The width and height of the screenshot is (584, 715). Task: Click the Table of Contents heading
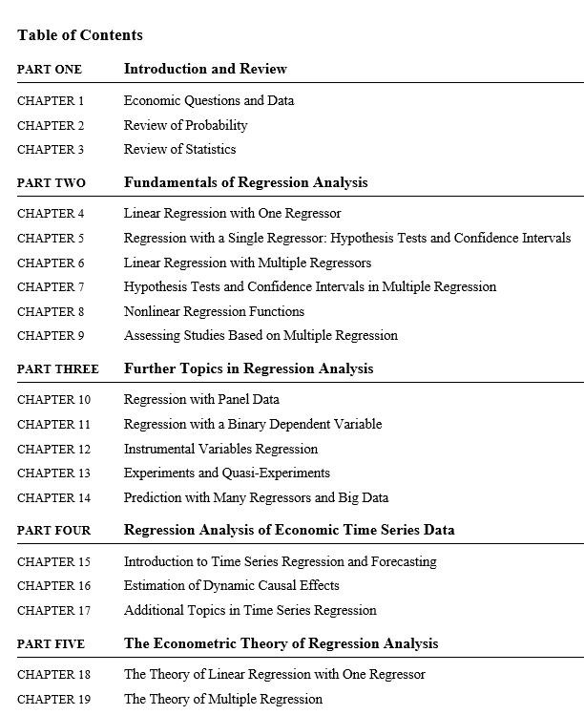[x=80, y=35]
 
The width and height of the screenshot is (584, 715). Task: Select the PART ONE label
[x=50, y=70]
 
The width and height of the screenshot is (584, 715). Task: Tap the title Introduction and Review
[x=205, y=69]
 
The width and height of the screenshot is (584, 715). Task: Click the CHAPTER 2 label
[x=51, y=125]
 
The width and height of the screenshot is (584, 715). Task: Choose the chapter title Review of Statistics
[x=179, y=149]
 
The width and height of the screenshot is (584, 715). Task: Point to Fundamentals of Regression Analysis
[x=245, y=182]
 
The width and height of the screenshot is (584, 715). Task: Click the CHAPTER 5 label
[x=51, y=239]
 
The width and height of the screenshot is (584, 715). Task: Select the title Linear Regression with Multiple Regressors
[x=247, y=263]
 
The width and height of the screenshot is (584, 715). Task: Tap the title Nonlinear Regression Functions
[x=214, y=311]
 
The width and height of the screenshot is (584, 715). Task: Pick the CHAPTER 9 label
[x=51, y=336]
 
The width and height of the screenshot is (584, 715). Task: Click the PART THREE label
[x=57, y=369]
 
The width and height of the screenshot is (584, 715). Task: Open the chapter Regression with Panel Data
[x=201, y=400]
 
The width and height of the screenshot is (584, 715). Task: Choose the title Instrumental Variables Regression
[x=220, y=449]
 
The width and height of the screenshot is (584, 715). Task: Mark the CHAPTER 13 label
[x=53, y=473]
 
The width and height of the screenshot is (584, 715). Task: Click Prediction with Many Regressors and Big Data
[x=256, y=497]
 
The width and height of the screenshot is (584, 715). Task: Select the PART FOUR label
[x=54, y=531]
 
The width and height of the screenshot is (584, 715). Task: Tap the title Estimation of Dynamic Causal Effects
[x=231, y=585]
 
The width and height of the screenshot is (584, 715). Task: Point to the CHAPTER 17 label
[x=53, y=610]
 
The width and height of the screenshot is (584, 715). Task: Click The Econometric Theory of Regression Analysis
[x=281, y=643]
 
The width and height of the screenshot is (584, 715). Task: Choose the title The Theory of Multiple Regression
[x=223, y=699]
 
